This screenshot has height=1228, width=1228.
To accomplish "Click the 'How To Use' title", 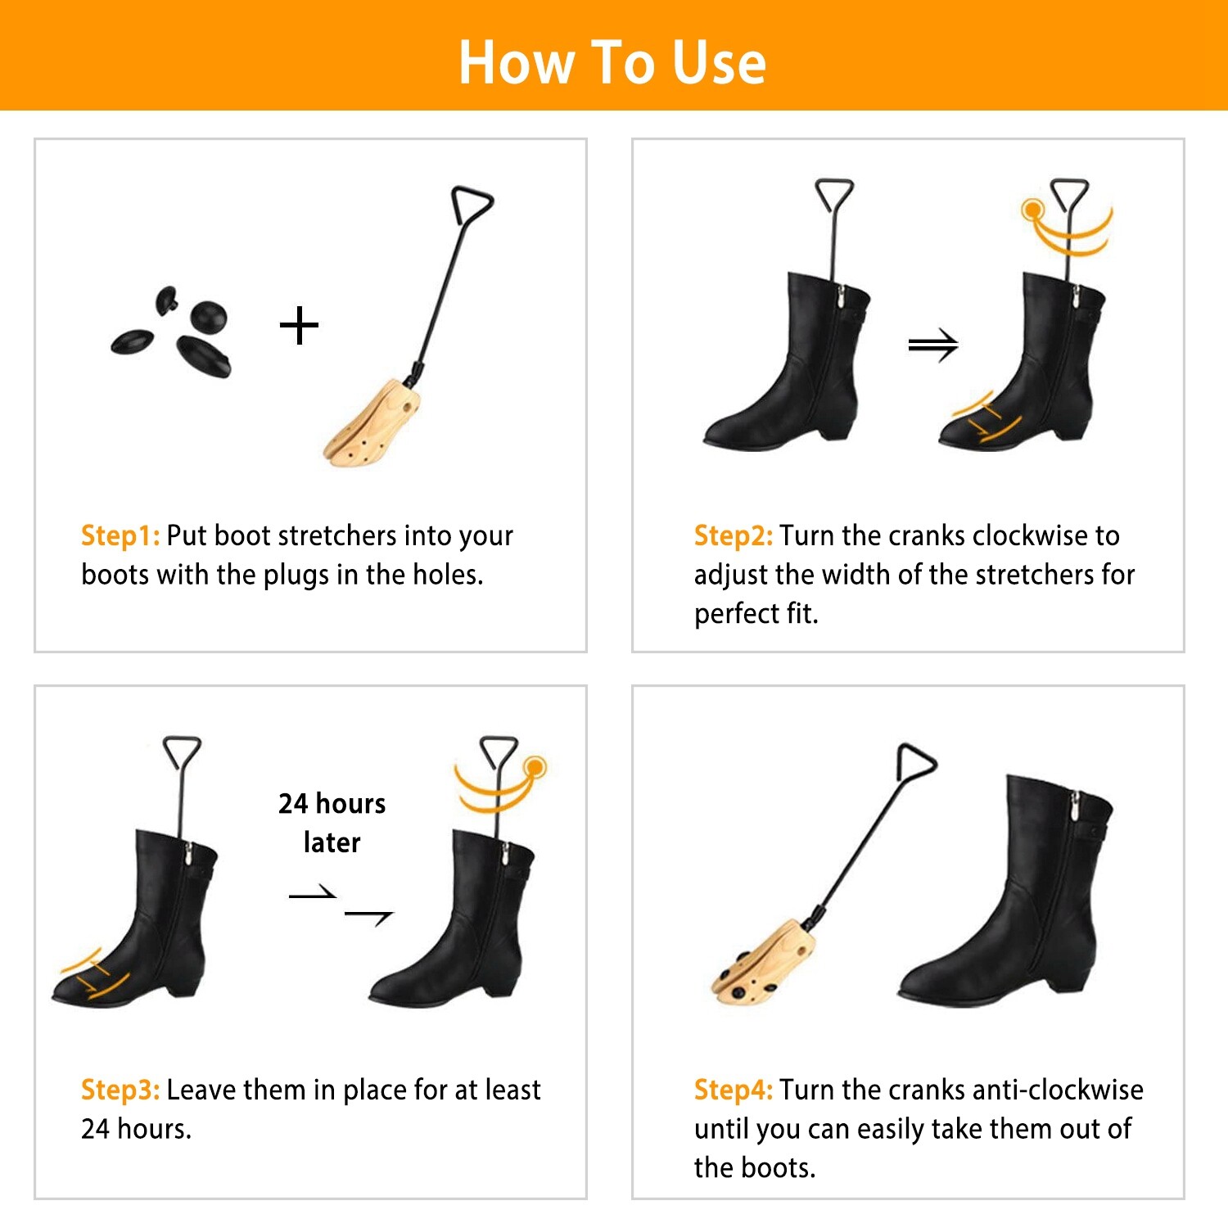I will pyautogui.click(x=612, y=62).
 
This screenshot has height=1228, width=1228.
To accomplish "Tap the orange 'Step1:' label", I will pyautogui.click(x=120, y=535).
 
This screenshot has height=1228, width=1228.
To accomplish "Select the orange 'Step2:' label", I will pyautogui.click(x=733, y=535).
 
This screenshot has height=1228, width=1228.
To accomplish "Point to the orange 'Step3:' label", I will pyautogui.click(x=120, y=1090).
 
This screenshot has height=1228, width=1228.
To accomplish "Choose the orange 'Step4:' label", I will pyautogui.click(x=733, y=1090).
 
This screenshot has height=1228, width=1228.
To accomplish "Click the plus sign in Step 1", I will pyautogui.click(x=299, y=326).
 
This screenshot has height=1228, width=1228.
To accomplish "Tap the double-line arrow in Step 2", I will pyautogui.click(x=932, y=346).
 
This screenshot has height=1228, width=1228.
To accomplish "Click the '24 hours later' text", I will pyautogui.click(x=332, y=823).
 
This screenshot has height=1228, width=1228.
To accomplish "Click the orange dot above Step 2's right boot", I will pyautogui.click(x=1032, y=210).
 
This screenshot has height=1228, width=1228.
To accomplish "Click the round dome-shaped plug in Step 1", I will pyautogui.click(x=209, y=317).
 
